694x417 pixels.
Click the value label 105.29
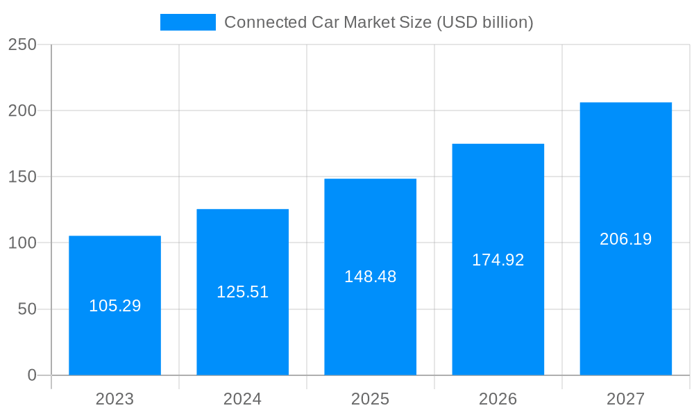(115, 306)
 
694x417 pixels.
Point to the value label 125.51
(242, 292)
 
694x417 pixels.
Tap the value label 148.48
(370, 277)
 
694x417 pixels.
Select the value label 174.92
(498, 260)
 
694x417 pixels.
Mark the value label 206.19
(625, 239)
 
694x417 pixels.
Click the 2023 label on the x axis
(115, 399)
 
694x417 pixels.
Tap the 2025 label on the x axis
(370, 399)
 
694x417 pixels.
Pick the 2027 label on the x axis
(625, 399)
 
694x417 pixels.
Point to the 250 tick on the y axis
(22, 44)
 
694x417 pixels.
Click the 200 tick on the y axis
(22, 111)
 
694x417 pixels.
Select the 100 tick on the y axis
(22, 243)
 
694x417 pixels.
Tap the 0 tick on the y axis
(32, 375)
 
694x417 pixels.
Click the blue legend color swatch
(187, 22)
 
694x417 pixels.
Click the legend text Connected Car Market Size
(378, 22)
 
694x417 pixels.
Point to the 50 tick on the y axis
(27, 309)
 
